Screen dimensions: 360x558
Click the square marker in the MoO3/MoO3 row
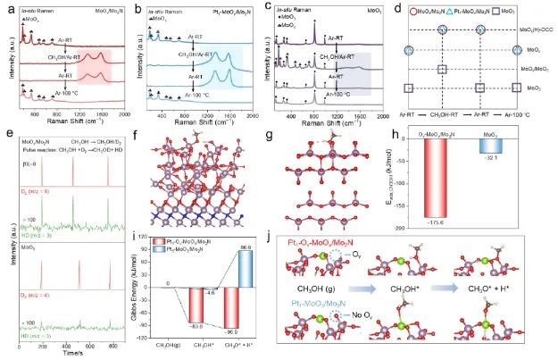pyautogui.click(x=442, y=69)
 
